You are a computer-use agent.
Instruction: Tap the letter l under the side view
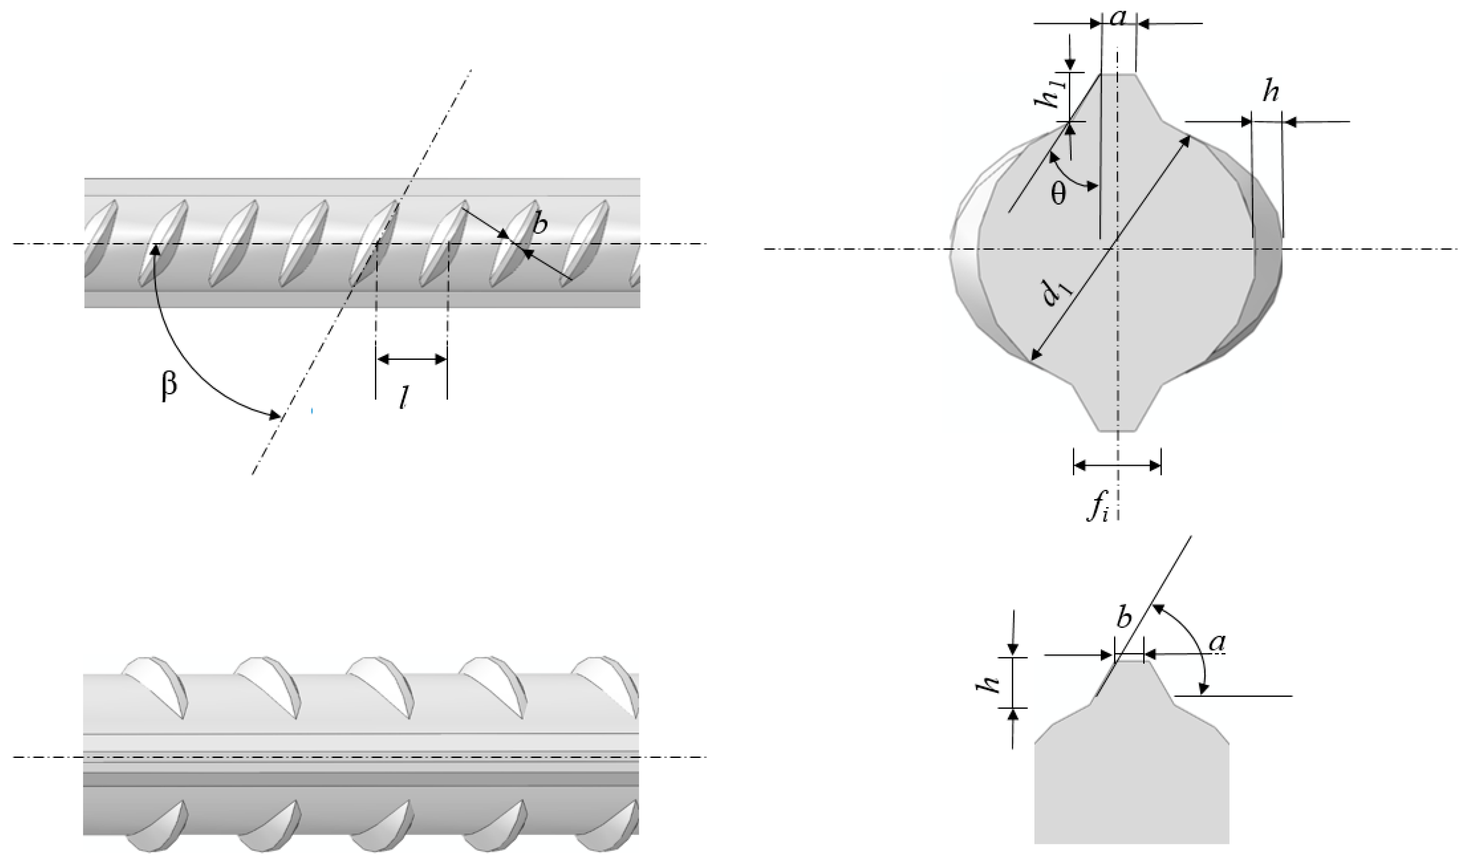402,399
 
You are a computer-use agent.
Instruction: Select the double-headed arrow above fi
1117,465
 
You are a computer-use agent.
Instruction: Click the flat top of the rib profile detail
1130,661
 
